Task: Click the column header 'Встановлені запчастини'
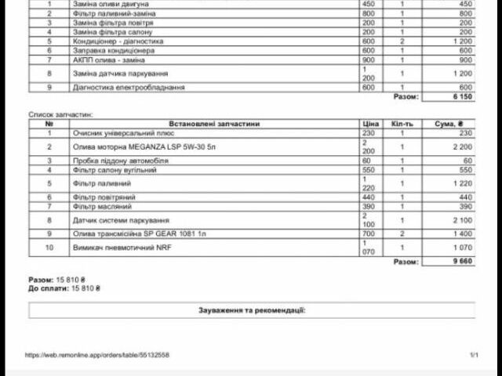[x=214, y=124]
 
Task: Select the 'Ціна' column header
[x=370, y=124]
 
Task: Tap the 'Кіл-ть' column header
[x=402, y=124]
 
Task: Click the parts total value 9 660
[x=462, y=261]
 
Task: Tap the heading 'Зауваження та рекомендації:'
[x=251, y=310]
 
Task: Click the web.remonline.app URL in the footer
[x=96, y=355]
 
